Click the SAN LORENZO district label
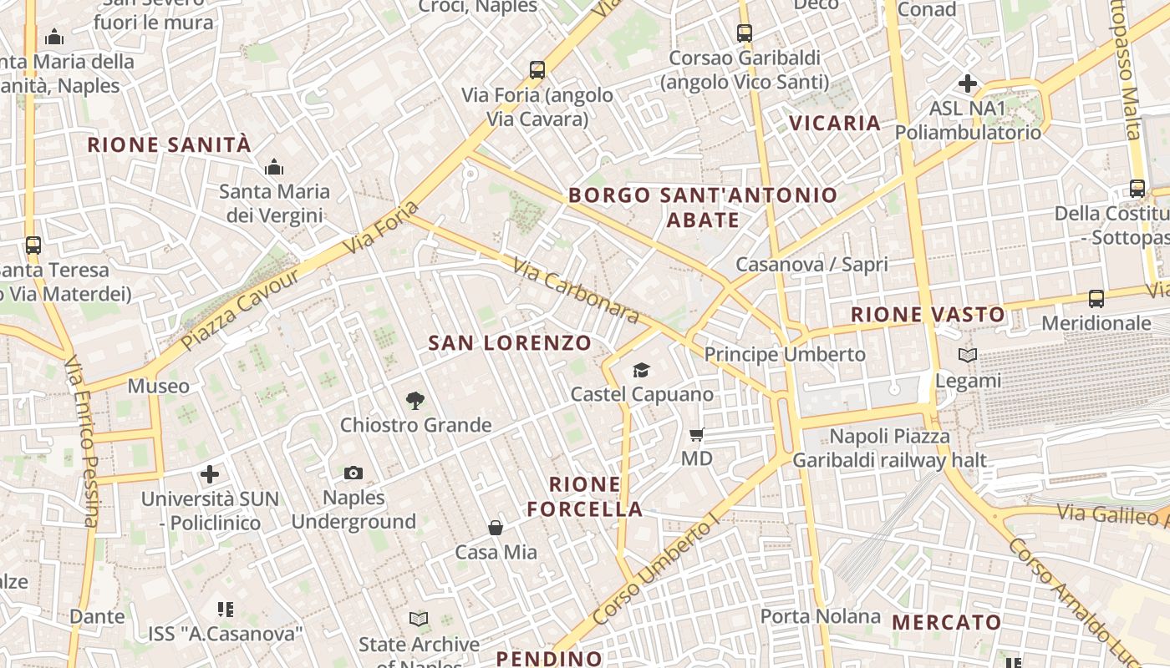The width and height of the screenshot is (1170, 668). [510, 342]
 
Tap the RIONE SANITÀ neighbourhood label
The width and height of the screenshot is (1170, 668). [169, 144]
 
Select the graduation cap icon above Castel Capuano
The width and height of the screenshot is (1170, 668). [641, 370]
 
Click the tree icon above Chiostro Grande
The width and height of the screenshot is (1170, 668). [415, 401]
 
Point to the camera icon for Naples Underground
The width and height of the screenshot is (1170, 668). [354, 473]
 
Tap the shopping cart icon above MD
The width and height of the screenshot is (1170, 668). [696, 434]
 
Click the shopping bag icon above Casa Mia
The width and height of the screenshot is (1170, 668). [496, 528]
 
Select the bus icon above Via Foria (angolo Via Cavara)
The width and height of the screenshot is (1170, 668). [537, 70]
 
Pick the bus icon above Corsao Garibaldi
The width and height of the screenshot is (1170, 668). [745, 33]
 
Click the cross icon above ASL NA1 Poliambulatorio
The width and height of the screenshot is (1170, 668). [968, 83]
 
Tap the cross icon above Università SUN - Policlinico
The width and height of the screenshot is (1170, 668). [210, 474]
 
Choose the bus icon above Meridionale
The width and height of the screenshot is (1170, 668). [1096, 298]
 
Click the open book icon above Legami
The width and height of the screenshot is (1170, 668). [968, 356]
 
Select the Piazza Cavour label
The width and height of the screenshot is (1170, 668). [240, 309]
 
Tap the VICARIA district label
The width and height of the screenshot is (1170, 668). [835, 123]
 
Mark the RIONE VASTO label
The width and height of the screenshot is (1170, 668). [928, 315]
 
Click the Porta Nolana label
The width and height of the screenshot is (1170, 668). [820, 616]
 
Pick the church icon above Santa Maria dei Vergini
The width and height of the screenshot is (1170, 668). [274, 168]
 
